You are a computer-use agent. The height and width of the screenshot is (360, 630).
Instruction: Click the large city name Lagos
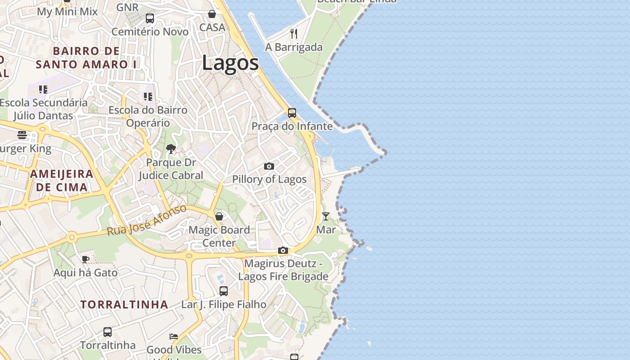(230, 63)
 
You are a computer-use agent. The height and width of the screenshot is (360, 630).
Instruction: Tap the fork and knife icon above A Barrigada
(294, 34)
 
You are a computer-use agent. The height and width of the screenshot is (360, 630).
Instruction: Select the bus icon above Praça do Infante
(292, 112)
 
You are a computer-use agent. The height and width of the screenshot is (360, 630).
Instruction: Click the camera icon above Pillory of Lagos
(269, 166)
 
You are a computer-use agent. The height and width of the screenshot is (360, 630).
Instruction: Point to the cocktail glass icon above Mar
(325, 216)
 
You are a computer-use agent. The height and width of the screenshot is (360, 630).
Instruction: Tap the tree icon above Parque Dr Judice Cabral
(171, 149)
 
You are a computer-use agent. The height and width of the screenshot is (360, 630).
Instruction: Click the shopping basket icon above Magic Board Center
(219, 216)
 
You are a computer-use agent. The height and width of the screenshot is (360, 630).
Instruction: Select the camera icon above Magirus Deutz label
(283, 250)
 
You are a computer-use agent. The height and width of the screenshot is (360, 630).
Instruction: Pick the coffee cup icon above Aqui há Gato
(85, 259)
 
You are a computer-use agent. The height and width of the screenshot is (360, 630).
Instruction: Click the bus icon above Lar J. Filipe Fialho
(224, 291)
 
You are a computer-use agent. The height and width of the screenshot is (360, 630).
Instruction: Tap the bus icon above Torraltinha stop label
(107, 332)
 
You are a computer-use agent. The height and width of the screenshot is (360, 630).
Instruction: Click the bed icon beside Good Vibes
(174, 337)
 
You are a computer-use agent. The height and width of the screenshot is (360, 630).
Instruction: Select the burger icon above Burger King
(22, 135)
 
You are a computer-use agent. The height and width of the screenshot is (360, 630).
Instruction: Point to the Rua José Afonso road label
(147, 220)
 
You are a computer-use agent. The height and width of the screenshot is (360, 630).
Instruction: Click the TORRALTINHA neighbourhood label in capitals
(124, 305)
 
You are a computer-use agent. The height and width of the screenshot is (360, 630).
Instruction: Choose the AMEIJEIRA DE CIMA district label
(62, 180)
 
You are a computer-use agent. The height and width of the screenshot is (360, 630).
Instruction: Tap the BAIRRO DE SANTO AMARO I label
(86, 58)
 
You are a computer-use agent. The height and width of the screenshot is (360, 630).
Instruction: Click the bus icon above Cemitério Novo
(150, 18)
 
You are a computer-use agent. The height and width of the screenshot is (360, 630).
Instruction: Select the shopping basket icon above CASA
(212, 14)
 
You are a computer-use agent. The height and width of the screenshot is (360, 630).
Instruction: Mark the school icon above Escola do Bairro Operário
(148, 97)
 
